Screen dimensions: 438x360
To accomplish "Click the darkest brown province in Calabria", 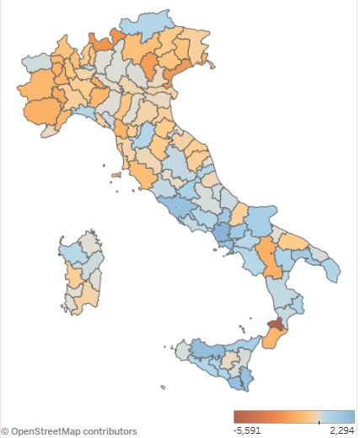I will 275,324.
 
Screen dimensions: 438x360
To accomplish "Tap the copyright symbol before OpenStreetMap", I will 5,431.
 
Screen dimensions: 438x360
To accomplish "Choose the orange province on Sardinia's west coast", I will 73,276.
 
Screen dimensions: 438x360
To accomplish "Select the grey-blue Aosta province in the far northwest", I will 36,63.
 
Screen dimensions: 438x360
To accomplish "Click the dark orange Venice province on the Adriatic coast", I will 174,77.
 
